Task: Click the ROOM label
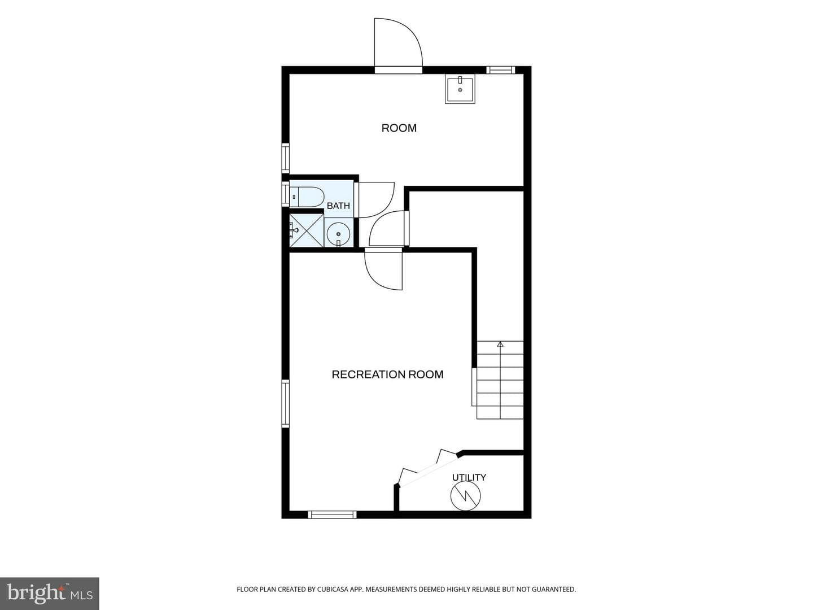tap(399, 128)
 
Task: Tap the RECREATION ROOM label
tap(387, 374)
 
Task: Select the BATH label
tap(338, 206)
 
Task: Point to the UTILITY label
tap(469, 477)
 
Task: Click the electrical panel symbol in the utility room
tap(466, 495)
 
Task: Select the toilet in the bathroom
tap(307, 197)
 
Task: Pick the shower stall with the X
tap(307, 230)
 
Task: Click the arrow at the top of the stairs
tap(500, 344)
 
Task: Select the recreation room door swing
tap(383, 269)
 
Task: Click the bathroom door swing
tap(374, 199)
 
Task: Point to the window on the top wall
tap(500, 70)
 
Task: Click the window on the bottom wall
tap(332, 515)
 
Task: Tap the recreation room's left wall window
tap(285, 403)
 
